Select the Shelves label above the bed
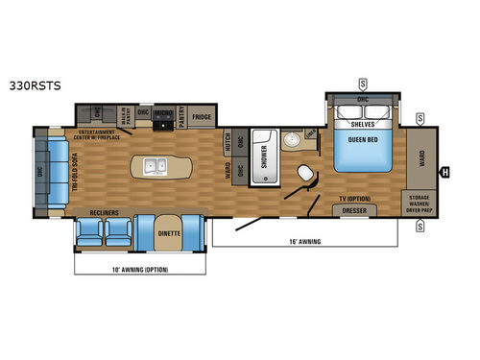pos(362,122)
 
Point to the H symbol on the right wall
pos(444,173)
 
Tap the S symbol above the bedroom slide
pos(362,84)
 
